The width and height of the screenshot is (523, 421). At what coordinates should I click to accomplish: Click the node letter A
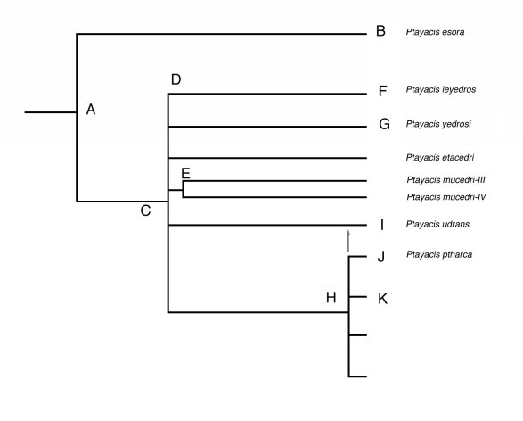(91, 110)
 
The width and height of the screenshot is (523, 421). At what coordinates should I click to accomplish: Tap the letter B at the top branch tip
(380, 31)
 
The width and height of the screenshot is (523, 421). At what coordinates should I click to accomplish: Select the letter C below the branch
(145, 210)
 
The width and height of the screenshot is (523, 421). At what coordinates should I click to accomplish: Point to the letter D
(176, 79)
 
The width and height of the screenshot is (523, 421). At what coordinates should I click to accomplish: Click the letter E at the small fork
(185, 174)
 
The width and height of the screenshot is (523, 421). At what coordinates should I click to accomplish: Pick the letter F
(382, 91)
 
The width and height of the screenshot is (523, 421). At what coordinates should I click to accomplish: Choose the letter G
(384, 124)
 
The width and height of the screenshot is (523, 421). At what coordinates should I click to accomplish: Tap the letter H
(331, 298)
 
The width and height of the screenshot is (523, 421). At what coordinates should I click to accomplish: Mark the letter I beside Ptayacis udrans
(382, 225)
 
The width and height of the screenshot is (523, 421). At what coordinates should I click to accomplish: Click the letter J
(381, 256)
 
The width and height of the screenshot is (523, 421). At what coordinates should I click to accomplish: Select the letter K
(382, 299)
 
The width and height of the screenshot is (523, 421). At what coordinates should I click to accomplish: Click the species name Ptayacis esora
(435, 32)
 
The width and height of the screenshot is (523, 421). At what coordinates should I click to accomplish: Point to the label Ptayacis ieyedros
(441, 89)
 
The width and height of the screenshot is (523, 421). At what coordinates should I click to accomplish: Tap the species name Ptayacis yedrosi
(438, 124)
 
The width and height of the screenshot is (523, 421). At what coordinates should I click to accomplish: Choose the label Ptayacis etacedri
(440, 157)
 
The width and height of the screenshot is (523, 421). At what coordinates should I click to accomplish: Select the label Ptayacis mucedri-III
(446, 180)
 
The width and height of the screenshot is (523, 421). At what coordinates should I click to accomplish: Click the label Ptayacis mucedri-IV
(446, 197)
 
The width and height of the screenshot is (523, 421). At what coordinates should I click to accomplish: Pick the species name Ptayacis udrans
(437, 224)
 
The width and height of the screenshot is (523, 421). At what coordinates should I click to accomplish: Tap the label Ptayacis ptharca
(439, 255)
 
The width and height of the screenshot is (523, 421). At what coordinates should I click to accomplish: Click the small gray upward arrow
(348, 241)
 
